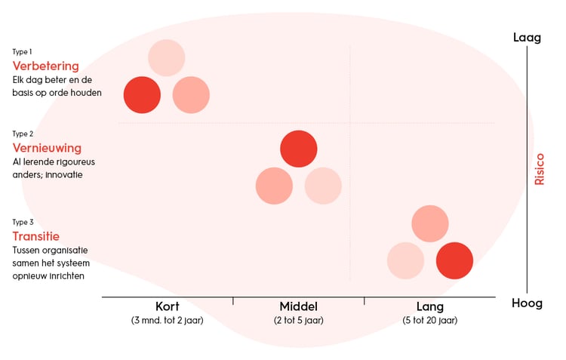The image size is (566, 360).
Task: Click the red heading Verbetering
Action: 45,66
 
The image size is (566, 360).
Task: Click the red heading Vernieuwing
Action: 47,148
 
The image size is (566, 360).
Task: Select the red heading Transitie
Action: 36,236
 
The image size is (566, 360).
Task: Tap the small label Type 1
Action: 22,51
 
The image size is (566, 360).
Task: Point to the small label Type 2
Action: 23,134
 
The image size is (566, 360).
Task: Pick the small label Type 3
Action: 23,222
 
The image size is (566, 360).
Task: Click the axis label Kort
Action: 167,307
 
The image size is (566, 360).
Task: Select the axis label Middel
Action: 298,307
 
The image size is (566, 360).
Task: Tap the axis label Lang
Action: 429,307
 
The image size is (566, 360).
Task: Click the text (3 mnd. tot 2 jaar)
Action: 167,320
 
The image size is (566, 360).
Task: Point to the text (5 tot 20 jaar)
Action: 429,320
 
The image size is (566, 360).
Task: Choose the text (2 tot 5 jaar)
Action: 298,320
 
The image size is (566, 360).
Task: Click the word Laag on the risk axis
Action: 527,37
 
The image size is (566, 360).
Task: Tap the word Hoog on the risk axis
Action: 527,303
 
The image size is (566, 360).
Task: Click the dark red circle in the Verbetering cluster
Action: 142,95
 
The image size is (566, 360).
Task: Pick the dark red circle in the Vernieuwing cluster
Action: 298,149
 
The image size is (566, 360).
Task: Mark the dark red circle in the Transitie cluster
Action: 454,260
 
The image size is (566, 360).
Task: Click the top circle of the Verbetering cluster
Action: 167,57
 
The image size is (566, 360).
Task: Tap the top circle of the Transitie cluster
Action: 430,223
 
